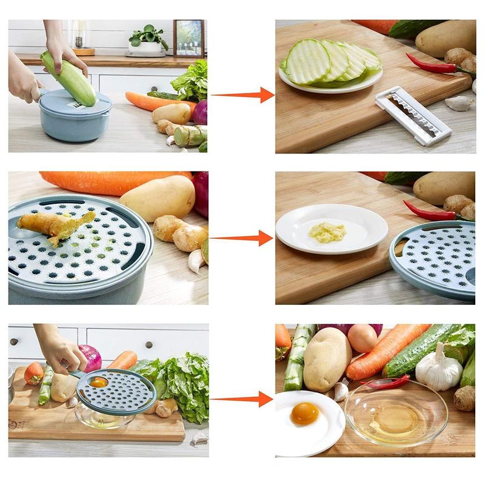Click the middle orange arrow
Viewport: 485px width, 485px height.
pyautogui.click(x=241, y=238)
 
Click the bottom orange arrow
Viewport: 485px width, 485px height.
pyautogui.click(x=241, y=399)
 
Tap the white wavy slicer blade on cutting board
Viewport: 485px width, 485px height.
pyautogui.click(x=413, y=115)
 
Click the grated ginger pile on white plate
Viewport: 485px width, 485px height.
pyautogui.click(x=327, y=232)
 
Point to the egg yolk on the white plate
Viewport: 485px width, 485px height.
pyautogui.click(x=304, y=413)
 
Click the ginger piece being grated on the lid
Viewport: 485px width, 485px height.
pyautogui.click(x=55, y=225)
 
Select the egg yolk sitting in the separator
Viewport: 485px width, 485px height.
pyautogui.click(x=98, y=382)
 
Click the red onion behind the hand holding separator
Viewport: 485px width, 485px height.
pyautogui.click(x=91, y=358)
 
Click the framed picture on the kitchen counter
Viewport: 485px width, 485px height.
pyautogui.click(x=189, y=39)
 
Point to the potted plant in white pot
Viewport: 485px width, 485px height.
pyautogui.click(x=147, y=39)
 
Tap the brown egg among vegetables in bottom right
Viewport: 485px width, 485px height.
pyautogui.click(x=363, y=338)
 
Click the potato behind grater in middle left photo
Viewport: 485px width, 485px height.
pyautogui.click(x=158, y=198)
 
